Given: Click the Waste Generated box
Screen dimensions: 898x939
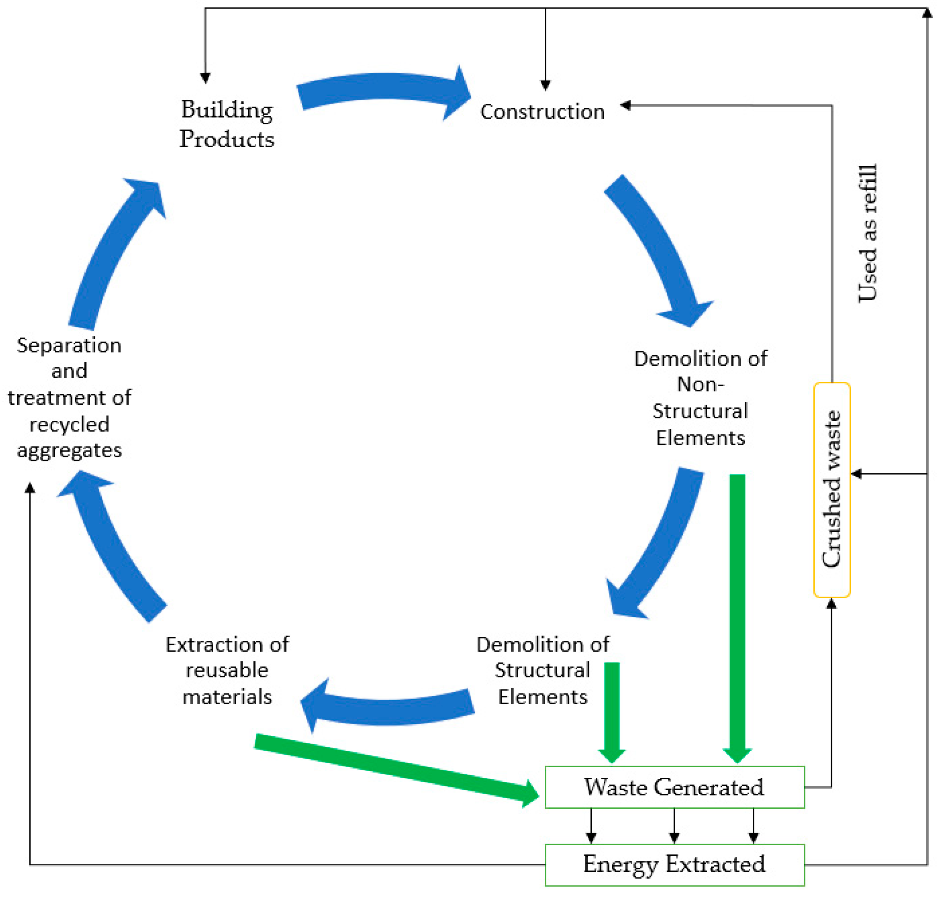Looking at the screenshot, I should [x=674, y=788].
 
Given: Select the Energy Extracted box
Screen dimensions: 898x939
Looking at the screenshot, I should [x=674, y=865].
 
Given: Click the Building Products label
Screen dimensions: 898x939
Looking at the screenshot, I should [x=227, y=124].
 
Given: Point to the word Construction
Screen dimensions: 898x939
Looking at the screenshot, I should [x=542, y=112].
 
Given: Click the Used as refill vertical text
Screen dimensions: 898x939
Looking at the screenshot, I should [x=867, y=233].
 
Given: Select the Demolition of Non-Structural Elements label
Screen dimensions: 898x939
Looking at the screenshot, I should [x=700, y=398].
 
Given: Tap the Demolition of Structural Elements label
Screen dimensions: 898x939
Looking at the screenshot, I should [x=542, y=670].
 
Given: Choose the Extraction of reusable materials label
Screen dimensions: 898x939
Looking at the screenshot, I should [x=227, y=670].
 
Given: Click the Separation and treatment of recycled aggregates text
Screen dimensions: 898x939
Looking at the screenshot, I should [x=69, y=398].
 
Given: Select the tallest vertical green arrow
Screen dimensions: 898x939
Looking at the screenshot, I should [x=737, y=613].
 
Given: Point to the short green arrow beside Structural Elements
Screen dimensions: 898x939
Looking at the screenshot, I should [x=612, y=709].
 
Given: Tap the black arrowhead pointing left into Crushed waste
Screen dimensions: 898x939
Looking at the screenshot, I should [x=857, y=474].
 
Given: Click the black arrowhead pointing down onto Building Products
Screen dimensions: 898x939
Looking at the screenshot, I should [x=205, y=78].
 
